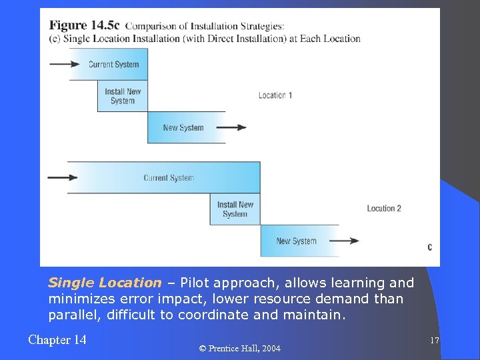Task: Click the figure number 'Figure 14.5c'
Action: (84, 25)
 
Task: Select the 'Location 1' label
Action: (275, 95)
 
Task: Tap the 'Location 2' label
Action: (384, 209)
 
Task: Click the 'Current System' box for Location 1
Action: (113, 65)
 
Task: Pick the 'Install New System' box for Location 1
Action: (123, 96)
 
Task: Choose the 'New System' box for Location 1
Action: (183, 128)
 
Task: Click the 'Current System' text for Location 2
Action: (169, 178)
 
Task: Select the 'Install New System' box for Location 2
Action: (235, 209)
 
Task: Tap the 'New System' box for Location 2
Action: (296, 241)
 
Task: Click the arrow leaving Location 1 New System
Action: (231, 128)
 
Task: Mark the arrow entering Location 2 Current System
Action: (63, 178)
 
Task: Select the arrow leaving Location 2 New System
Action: (344, 241)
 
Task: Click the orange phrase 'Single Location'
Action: (105, 283)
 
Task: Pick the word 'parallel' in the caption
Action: (71, 315)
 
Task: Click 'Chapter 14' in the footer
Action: (57, 340)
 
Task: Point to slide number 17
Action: (434, 341)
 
